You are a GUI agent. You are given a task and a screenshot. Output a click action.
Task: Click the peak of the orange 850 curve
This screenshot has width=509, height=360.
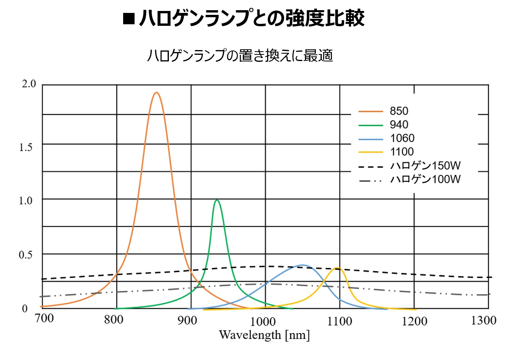click(156, 93)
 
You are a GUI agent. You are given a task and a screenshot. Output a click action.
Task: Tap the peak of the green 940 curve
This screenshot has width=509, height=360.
click(217, 200)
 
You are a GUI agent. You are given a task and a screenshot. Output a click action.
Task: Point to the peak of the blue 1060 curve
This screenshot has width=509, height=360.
click(301, 265)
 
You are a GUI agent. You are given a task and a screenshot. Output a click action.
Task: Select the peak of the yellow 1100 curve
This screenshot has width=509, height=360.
click(337, 268)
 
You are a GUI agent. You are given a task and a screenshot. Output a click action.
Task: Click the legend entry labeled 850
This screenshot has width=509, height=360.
click(399, 112)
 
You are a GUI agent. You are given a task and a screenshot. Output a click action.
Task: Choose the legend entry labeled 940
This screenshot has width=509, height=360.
click(399, 125)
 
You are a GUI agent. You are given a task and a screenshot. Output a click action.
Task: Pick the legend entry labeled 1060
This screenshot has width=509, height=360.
click(401, 138)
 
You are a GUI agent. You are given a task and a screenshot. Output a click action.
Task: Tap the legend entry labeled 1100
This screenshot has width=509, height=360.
click(401, 151)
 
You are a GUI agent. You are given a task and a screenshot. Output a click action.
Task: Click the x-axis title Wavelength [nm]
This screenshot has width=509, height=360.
click(264, 335)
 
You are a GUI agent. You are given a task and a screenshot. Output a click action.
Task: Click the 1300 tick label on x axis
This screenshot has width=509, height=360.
click(484, 321)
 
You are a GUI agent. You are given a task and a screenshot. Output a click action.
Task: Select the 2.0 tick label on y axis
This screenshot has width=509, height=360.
click(29, 84)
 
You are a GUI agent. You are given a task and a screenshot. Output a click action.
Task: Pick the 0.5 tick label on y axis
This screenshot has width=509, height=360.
click(29, 255)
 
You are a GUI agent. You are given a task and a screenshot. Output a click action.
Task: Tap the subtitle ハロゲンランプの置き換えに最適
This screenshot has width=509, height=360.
click(240, 56)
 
